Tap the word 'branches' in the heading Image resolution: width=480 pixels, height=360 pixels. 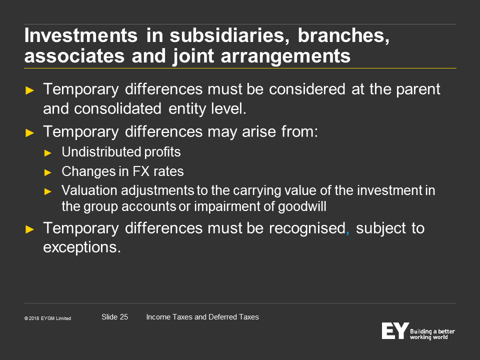pyautogui.click(x=343, y=35)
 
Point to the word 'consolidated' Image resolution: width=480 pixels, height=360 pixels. pyautogui.click(x=117, y=108)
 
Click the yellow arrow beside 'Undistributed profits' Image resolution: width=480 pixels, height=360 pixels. pyautogui.click(x=48, y=153)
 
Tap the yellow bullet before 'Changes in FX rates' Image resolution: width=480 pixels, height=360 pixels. pyautogui.click(x=48, y=172)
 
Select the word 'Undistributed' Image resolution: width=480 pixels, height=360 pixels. pyautogui.click(x=101, y=152)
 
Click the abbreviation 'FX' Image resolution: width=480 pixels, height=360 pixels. pyautogui.click(x=141, y=171)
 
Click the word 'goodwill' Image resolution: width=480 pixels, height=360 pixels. pyautogui.click(x=302, y=207)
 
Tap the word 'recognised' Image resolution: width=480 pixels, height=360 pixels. pyautogui.click(x=307, y=228)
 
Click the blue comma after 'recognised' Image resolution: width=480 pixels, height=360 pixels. pyautogui.click(x=347, y=233)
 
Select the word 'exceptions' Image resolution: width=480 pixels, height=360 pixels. pyautogui.click(x=80, y=247)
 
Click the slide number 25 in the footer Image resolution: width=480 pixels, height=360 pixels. pyautogui.click(x=123, y=317)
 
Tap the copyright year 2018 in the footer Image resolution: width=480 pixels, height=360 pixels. pyautogui.click(x=34, y=318)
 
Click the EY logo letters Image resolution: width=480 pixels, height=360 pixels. pyautogui.click(x=395, y=331)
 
